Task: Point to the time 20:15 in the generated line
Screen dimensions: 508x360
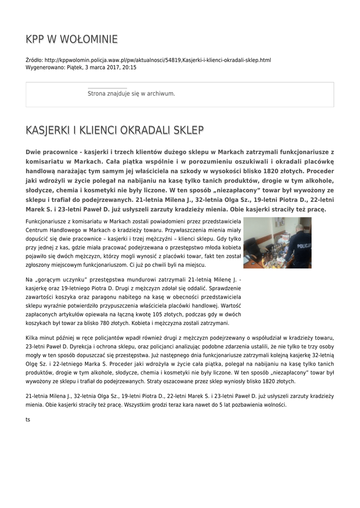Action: (x=130, y=67)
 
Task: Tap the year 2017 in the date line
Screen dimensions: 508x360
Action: (x=114, y=67)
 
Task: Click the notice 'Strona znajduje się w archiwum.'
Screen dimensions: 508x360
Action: (x=131, y=93)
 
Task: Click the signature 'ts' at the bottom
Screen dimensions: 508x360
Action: (x=28, y=420)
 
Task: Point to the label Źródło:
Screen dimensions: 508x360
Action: (x=34, y=60)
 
